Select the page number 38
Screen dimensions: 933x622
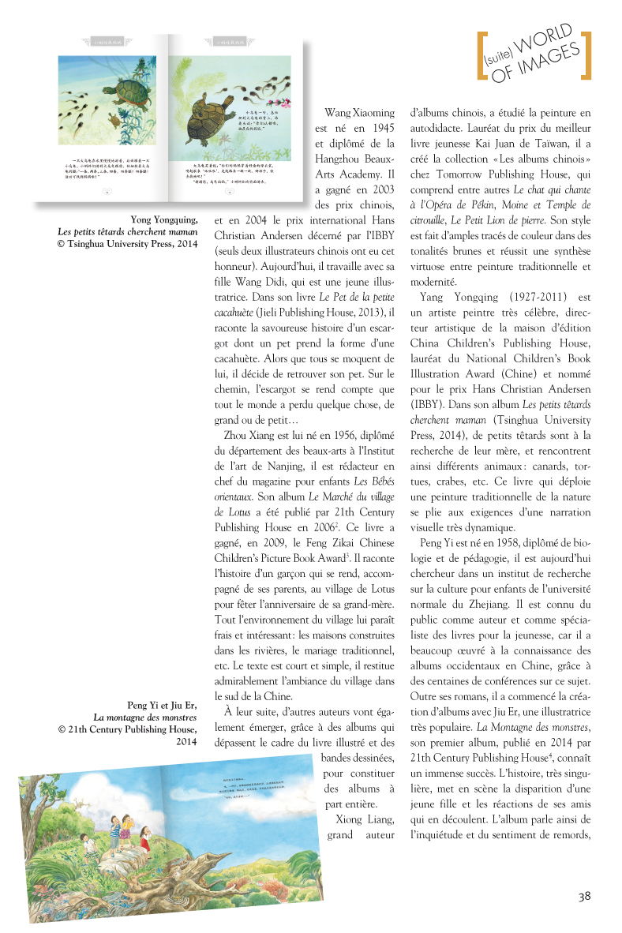click(584, 896)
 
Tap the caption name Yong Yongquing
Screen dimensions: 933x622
click(163, 220)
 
